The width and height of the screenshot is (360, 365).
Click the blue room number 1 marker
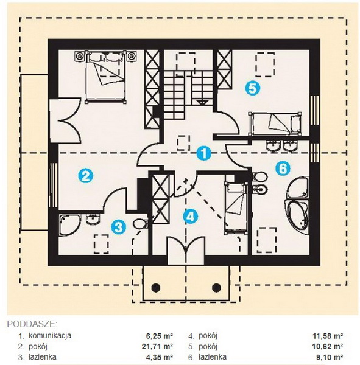204,154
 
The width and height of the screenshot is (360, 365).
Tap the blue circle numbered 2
85,176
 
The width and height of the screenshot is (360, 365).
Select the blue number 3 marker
119,227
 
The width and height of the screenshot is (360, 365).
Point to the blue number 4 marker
191,217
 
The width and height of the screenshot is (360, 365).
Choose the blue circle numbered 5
253,88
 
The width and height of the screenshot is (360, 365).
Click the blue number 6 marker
283,169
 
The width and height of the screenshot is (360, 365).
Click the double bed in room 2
105,77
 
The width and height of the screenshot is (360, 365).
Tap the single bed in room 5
275,123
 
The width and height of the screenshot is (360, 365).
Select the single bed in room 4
235,208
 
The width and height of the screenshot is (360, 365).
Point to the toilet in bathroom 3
140,223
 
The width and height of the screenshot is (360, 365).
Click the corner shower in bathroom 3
69,225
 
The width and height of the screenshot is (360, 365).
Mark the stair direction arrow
202,102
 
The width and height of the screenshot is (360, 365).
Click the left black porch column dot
156,288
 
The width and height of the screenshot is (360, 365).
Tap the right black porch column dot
216,288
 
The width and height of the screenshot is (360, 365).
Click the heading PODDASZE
32,324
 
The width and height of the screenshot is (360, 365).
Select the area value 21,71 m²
157,346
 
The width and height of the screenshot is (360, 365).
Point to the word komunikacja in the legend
50,335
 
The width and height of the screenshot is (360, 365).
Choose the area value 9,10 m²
329,357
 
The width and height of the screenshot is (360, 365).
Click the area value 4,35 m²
159,357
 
